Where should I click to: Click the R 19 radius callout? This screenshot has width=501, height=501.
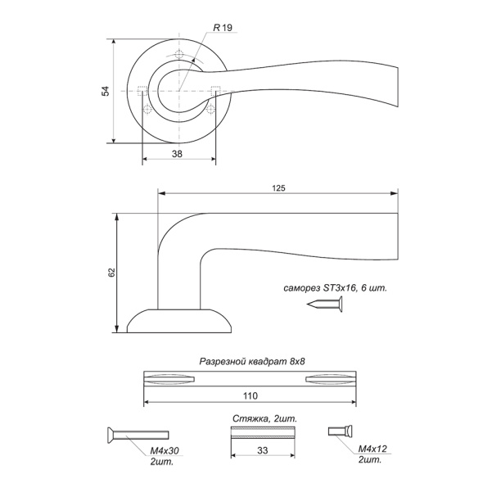coord(223,28)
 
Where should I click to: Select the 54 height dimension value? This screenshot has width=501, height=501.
coord(106,91)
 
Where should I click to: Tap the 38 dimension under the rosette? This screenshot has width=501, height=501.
coord(177,154)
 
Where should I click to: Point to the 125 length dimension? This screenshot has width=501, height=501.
coord(278,188)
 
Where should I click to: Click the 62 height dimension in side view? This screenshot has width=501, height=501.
coord(112,273)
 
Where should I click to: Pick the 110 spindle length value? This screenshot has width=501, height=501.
coord(250,396)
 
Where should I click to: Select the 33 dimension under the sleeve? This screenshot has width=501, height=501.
coord(262,450)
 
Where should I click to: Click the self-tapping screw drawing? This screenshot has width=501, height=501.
coord(325,304)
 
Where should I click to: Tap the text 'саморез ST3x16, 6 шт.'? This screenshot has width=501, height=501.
coord(335,288)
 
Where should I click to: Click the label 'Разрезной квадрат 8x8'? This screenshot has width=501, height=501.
coord(252,361)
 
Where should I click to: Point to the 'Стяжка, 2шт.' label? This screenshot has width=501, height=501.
coord(265,419)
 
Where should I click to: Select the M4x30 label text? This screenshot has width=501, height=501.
coord(165,450)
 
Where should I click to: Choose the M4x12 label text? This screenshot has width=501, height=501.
coord(372,449)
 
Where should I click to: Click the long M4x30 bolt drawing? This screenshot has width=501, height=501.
coord(138,435)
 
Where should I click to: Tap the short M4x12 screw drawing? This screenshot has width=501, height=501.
coord(341,431)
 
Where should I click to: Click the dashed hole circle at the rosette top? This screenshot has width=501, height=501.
coord(179,54)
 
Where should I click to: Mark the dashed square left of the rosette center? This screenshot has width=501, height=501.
coord(142,91)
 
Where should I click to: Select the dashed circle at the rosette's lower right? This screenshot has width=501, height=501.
coord(210,110)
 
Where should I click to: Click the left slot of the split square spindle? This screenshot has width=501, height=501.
coord(169,379)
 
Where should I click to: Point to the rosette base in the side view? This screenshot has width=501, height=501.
coord(179,321)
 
